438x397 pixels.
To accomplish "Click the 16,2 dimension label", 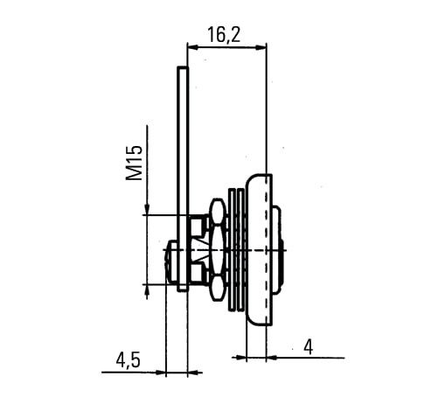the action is coord(224,35).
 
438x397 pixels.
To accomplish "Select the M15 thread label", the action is coord(135,163).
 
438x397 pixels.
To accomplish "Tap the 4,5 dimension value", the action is coord(129,360).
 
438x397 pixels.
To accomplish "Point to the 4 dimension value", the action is coord(309,347).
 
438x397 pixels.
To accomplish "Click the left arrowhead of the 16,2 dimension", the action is coord(192,47).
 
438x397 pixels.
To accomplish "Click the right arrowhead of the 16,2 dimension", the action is coord(261,47).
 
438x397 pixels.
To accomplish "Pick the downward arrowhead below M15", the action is coord(147,209).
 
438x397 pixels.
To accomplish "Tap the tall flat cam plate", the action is coord(183,178).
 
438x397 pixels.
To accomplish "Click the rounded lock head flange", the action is coord(259,250).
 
